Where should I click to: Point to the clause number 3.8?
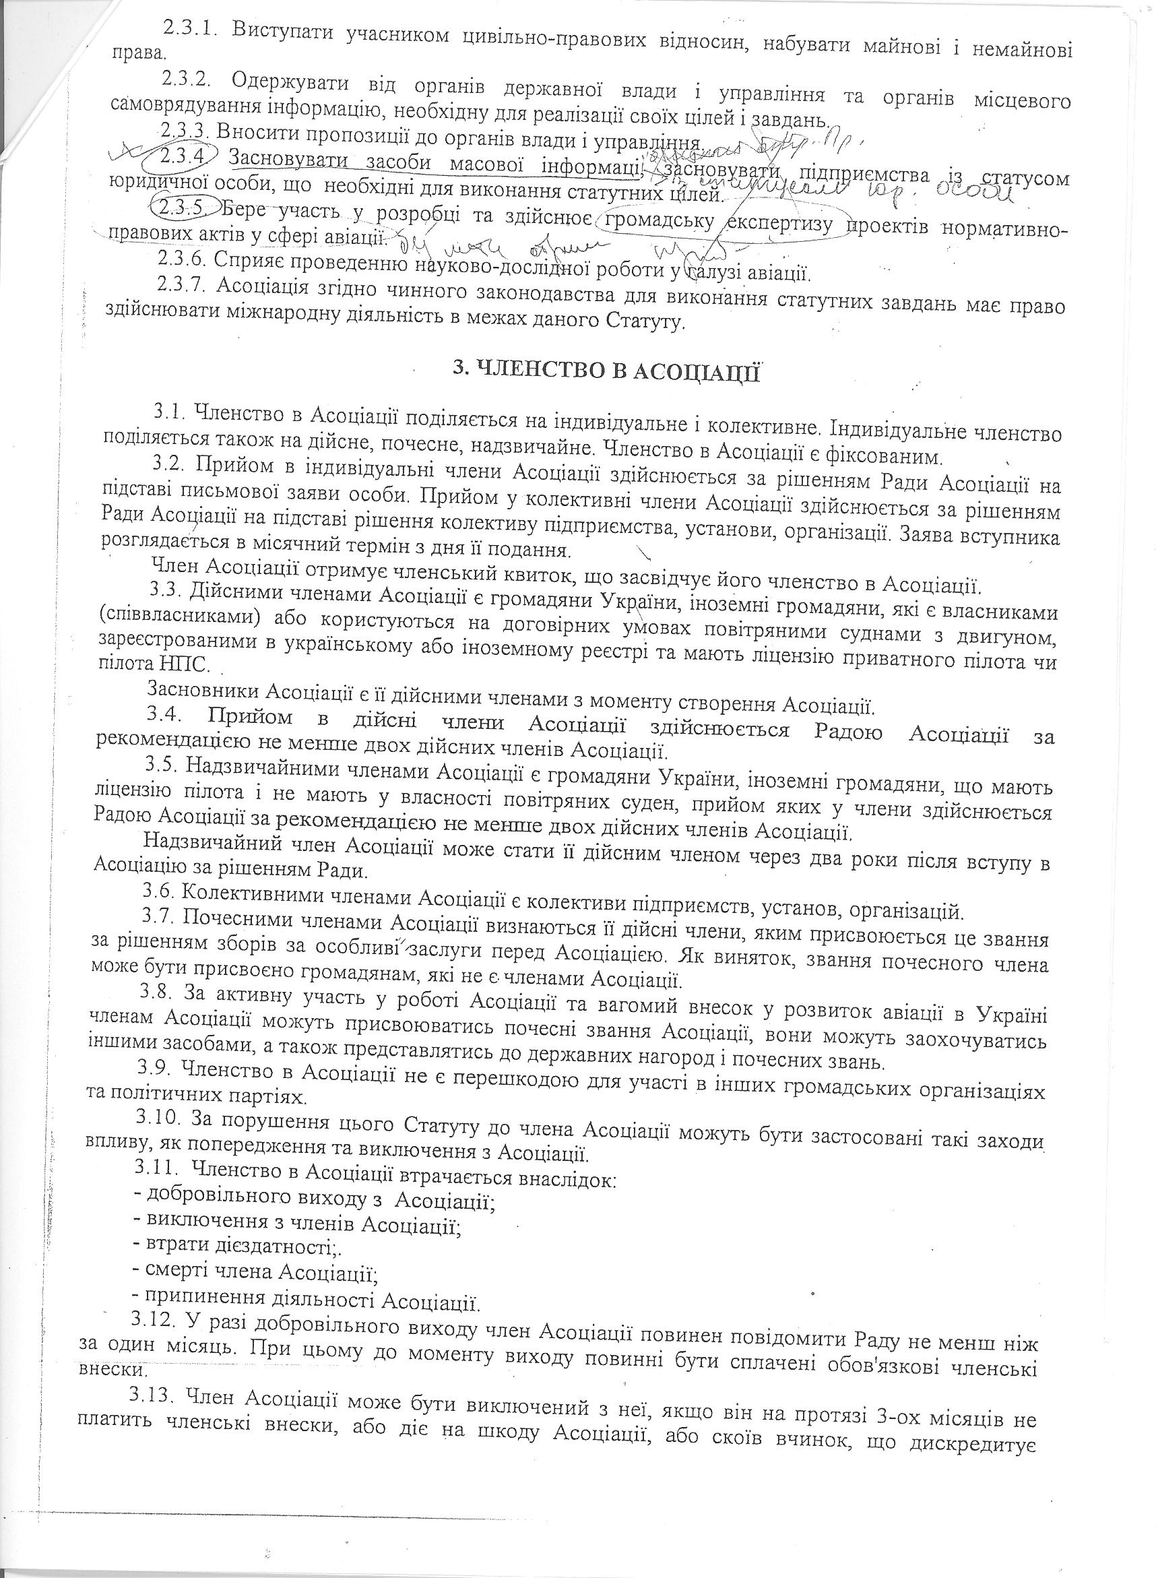click(158, 992)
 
